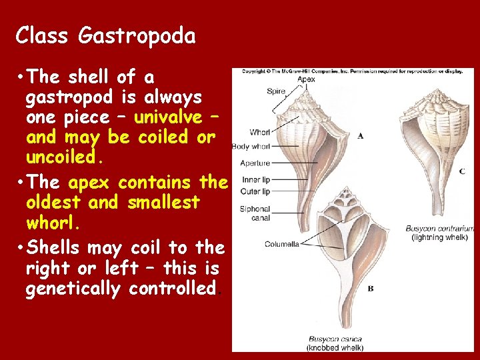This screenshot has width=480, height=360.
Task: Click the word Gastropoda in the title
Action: (137, 36)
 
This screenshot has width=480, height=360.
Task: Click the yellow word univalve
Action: (168, 117)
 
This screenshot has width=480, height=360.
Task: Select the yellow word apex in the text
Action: (91, 182)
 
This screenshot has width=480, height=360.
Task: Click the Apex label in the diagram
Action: (306, 79)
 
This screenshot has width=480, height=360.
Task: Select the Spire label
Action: (275, 91)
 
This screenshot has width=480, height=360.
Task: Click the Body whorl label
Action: (251, 146)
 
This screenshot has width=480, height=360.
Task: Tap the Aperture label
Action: (255, 163)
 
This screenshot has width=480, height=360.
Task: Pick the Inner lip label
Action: (255, 180)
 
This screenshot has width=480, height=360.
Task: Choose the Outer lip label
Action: (255, 191)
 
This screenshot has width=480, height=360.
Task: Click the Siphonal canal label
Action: (255, 213)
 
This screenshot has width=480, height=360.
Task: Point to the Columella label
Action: (281, 244)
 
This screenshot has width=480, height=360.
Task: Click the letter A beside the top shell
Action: (360, 135)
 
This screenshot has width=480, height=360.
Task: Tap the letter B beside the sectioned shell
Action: (370, 289)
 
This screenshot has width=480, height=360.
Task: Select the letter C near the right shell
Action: (462, 171)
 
